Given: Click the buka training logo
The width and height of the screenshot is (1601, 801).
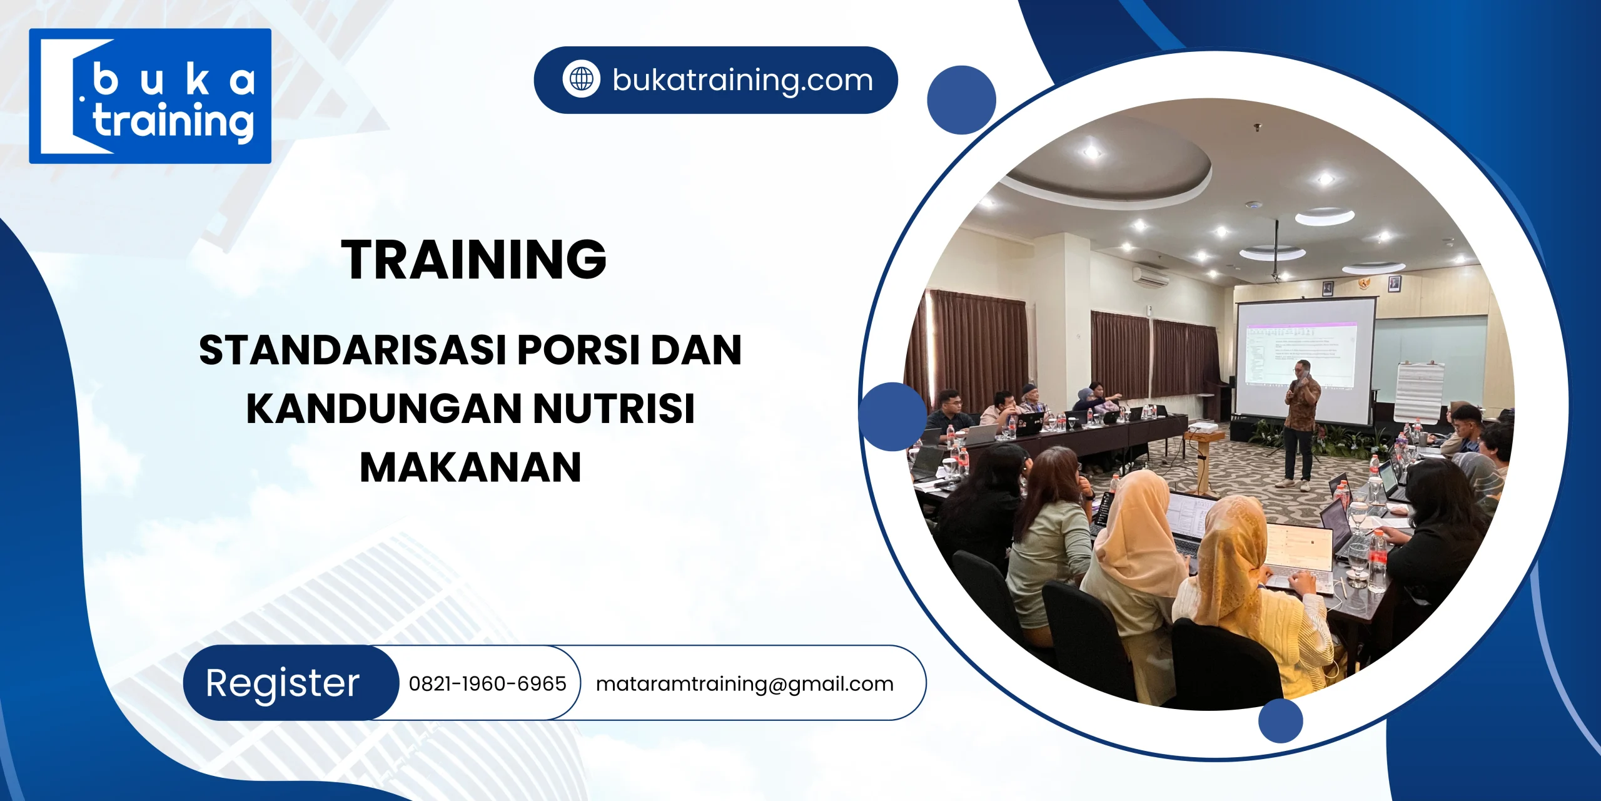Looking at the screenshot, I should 150,96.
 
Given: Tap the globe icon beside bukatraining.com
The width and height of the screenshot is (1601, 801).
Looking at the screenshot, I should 581,79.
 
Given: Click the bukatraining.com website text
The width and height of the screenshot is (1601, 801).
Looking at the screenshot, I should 742,80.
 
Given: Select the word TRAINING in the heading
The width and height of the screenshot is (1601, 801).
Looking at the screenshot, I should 473,259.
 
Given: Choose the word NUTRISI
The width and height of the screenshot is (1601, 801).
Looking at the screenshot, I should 614,409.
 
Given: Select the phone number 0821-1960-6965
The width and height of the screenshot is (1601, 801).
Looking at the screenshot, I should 487,683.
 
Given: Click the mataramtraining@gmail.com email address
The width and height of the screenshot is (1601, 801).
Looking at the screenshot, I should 744,683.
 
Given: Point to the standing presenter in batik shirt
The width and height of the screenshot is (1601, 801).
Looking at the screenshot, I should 1301,426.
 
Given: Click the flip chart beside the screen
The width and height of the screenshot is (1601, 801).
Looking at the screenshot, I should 1418,391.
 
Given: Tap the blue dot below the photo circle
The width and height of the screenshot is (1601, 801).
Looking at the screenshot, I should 1280,720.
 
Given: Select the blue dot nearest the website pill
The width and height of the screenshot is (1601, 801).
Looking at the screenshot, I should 961,100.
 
